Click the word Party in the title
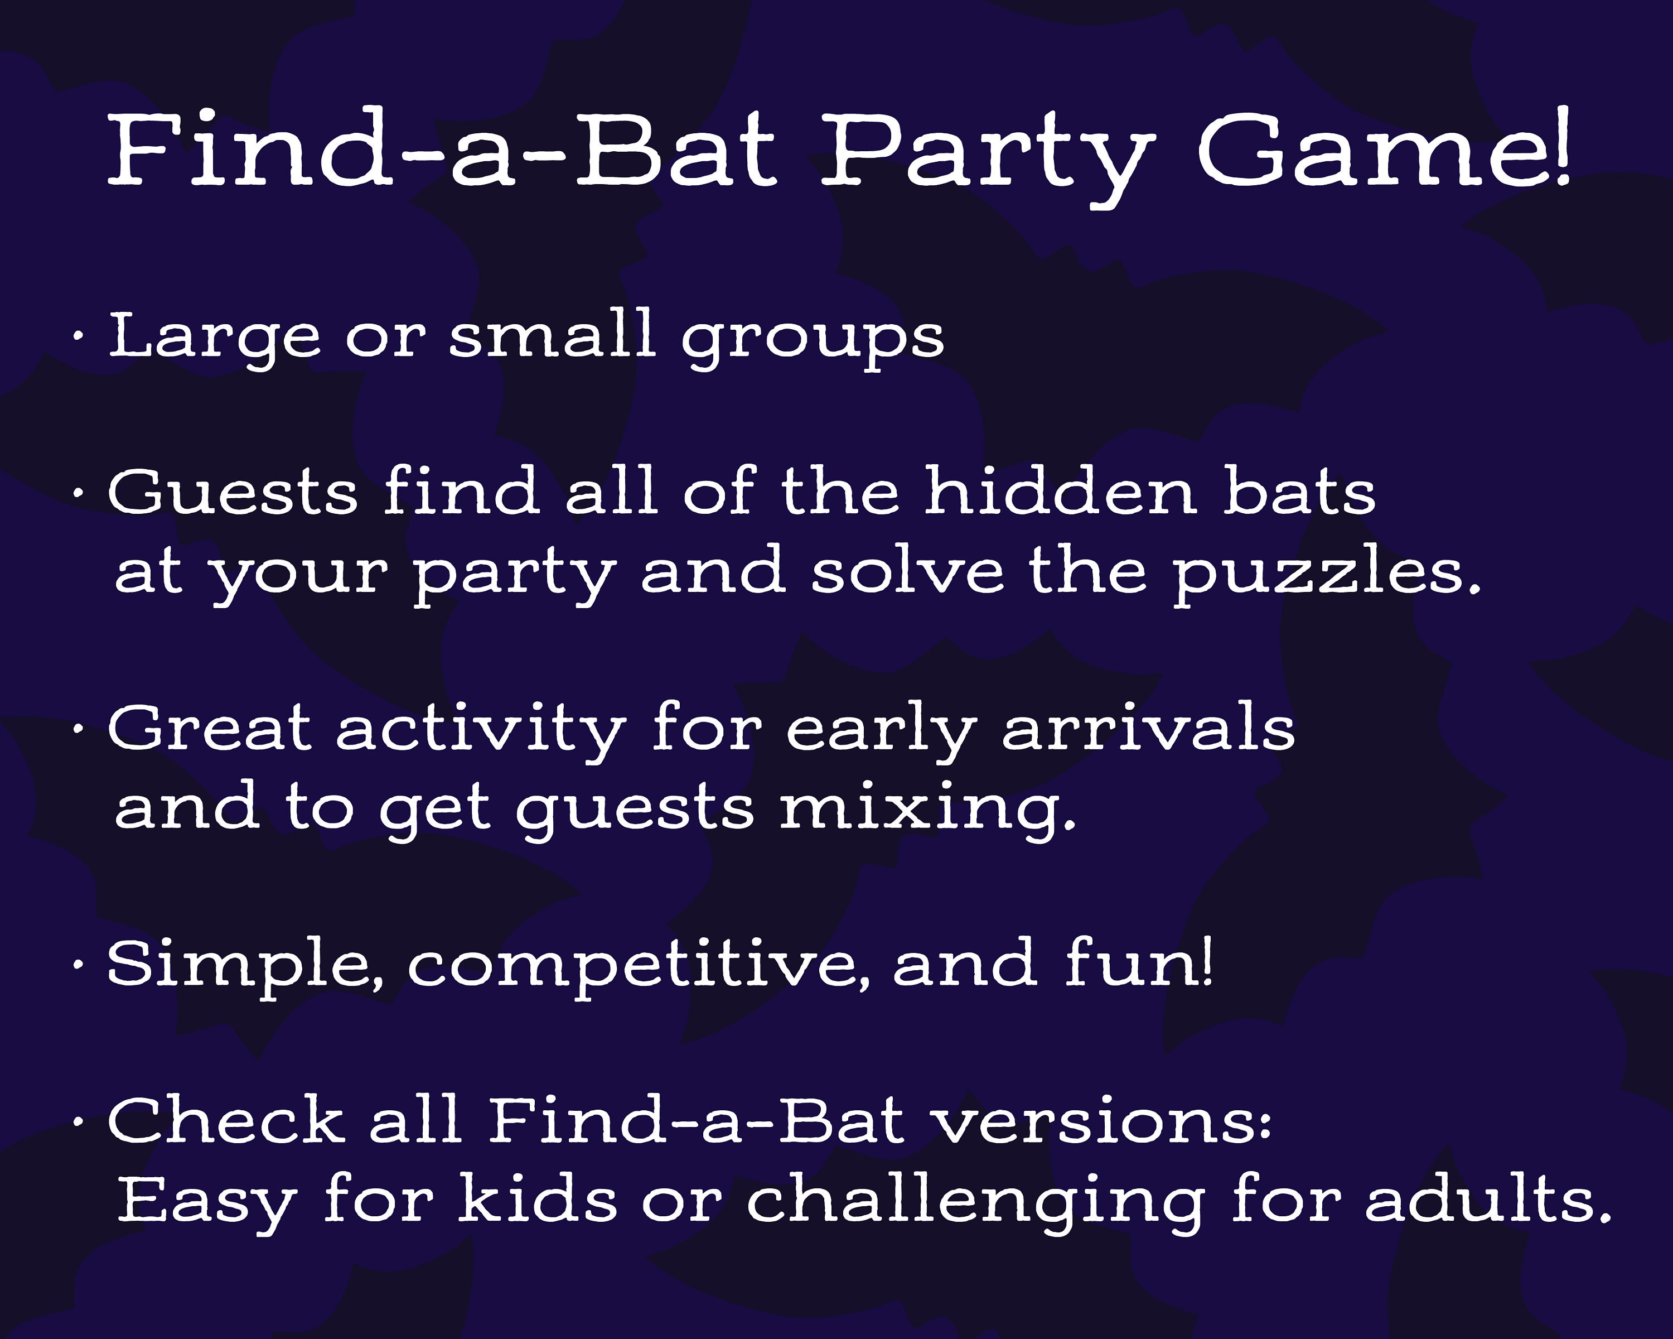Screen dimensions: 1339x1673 pos(985,151)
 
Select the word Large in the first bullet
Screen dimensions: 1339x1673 pos(214,338)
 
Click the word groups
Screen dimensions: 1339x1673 pos(813,340)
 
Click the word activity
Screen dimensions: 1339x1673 pos(481,731)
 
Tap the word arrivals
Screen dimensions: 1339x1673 pos(1148,730)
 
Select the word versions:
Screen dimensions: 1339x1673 pos(1102,1123)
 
